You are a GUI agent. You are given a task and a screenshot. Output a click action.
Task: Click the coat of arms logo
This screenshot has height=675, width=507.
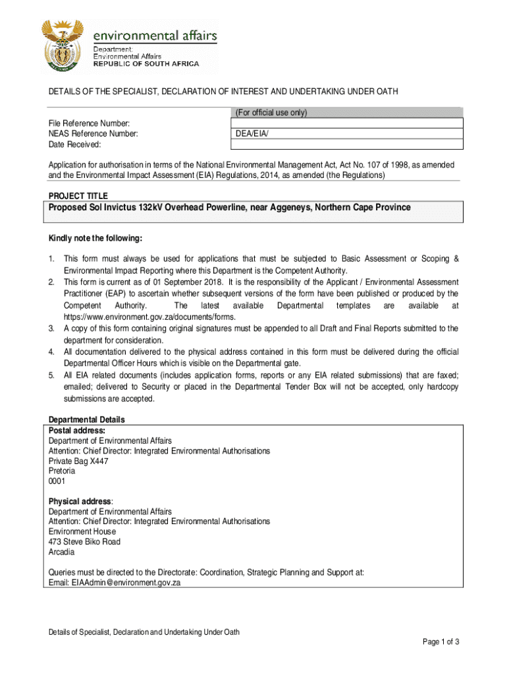[x=63, y=46]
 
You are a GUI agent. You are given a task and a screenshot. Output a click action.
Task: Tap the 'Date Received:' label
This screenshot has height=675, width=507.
[x=74, y=144]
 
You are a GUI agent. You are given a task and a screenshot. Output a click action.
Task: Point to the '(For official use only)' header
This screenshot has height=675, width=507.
[x=271, y=113]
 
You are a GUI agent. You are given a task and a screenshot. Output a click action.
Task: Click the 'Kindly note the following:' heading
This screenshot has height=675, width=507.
[x=95, y=238]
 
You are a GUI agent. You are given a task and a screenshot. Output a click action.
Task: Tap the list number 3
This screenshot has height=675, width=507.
[x=51, y=328]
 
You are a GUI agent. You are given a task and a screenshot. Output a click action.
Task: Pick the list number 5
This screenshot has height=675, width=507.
[x=51, y=375]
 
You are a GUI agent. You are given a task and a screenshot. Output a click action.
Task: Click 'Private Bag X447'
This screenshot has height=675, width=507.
[x=78, y=461]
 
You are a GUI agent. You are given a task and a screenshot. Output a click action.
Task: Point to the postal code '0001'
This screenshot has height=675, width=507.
[x=57, y=482]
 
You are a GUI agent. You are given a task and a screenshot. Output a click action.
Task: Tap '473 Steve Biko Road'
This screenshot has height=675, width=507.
[x=84, y=542]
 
